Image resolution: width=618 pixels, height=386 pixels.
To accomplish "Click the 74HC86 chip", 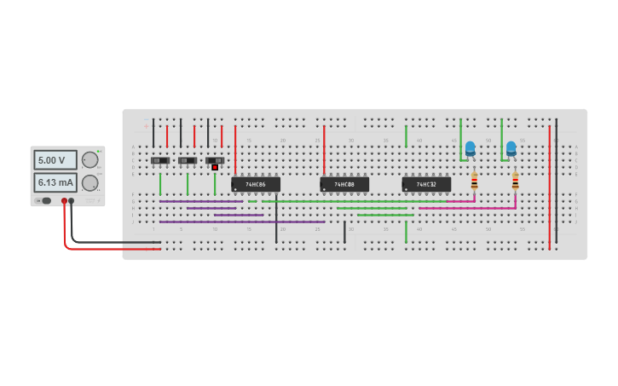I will click(256, 184).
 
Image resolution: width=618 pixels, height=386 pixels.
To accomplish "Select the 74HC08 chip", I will click(344, 184).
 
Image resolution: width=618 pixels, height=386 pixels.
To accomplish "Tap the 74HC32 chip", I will click(426, 184).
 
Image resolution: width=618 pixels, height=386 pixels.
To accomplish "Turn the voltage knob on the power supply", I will click(90, 160).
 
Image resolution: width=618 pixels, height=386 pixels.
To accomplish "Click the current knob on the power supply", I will click(90, 182).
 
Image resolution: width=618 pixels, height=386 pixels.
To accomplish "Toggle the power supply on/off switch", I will click(46, 201).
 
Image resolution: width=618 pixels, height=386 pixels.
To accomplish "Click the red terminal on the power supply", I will click(64, 201).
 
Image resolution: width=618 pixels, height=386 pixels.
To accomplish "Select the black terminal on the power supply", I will click(72, 201).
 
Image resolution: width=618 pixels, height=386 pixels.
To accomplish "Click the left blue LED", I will click(470, 148).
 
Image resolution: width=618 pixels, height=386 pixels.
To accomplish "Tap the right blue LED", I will click(511, 148).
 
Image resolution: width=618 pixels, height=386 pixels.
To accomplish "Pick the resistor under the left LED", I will click(474, 181).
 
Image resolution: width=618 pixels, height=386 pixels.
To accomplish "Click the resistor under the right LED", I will click(515, 181).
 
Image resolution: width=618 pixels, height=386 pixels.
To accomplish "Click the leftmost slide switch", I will click(160, 160).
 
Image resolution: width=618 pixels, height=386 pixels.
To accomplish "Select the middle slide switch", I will click(188, 160).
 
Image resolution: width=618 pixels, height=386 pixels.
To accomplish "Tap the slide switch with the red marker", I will click(215, 160).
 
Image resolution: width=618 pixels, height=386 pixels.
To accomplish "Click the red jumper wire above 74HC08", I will click(324, 149).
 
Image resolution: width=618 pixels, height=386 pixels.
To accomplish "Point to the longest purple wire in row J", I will click(242, 222).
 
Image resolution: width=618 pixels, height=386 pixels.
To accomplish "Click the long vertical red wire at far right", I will click(549, 187).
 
